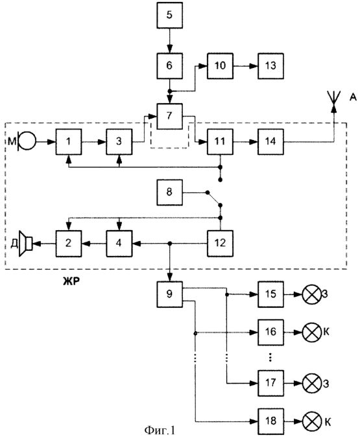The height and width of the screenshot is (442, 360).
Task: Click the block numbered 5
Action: (x=169, y=15)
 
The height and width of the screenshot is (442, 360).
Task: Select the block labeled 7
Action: (x=169, y=116)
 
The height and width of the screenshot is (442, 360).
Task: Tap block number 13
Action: (x=270, y=65)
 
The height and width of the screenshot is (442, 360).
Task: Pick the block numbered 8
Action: (x=169, y=192)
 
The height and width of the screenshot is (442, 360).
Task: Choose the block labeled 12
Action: (x=220, y=243)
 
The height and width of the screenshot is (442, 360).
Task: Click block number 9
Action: (x=169, y=294)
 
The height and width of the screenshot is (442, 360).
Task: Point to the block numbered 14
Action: (x=270, y=141)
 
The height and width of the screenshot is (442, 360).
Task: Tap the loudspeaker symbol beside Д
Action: (x=25, y=244)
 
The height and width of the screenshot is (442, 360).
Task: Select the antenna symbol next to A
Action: (x=334, y=99)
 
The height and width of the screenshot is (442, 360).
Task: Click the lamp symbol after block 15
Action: (x=312, y=294)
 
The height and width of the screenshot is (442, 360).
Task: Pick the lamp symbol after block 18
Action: (x=312, y=421)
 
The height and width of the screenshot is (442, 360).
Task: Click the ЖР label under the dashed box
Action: (x=71, y=281)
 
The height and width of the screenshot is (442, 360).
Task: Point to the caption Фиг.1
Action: (x=160, y=430)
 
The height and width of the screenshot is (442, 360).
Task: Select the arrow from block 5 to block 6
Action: (x=169, y=41)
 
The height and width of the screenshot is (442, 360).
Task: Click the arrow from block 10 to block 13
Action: (x=245, y=66)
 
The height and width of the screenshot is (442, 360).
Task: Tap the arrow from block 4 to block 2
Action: (x=94, y=244)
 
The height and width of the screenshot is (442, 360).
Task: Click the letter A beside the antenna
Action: (x=353, y=97)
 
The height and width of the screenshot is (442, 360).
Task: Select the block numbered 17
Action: (x=270, y=383)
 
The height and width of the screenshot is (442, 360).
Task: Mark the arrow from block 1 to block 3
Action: (x=94, y=142)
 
